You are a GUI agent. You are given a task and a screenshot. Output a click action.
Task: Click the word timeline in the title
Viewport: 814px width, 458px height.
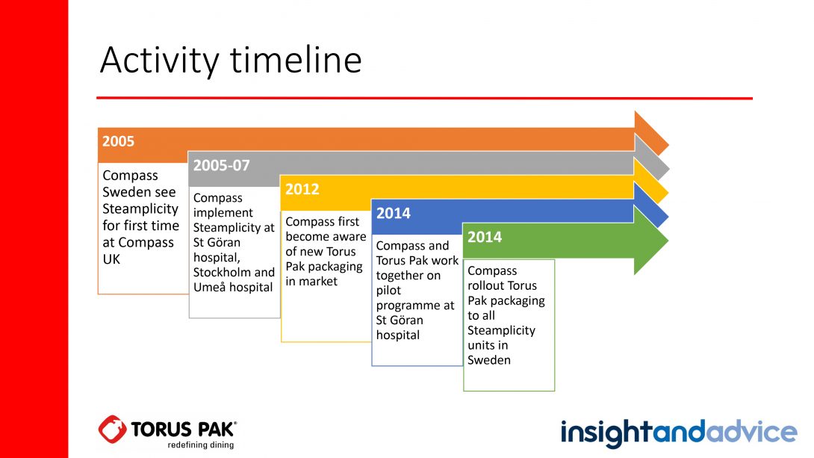[296, 60]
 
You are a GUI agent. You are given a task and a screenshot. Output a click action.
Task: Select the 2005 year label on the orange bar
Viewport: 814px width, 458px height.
[118, 141]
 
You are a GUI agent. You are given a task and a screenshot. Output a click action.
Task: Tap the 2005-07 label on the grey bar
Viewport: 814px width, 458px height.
[222, 165]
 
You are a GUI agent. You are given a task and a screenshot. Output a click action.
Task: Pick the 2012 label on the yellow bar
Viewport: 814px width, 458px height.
[302, 189]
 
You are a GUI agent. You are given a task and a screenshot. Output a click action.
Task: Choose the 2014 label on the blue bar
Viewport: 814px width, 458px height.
[394, 213]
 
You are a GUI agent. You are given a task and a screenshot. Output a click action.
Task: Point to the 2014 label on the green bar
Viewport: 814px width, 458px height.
[485, 237]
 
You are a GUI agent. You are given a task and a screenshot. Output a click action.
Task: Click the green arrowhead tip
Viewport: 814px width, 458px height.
[668, 241]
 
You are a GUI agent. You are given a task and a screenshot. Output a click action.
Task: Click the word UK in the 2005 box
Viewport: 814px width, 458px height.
[111, 259]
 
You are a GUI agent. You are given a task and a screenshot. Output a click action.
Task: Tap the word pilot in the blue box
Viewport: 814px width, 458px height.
[388, 291]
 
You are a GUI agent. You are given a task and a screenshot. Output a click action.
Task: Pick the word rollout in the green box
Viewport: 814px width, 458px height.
[502, 285]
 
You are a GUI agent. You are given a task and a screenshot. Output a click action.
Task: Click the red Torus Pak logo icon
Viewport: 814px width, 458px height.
[112, 429]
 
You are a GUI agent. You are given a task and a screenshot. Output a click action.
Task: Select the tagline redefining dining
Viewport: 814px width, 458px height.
[200, 445]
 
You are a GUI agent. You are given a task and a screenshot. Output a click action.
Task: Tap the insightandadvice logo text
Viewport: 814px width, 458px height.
[679, 433]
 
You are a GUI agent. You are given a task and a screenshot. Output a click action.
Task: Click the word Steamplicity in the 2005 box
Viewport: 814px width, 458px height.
[140, 208]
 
